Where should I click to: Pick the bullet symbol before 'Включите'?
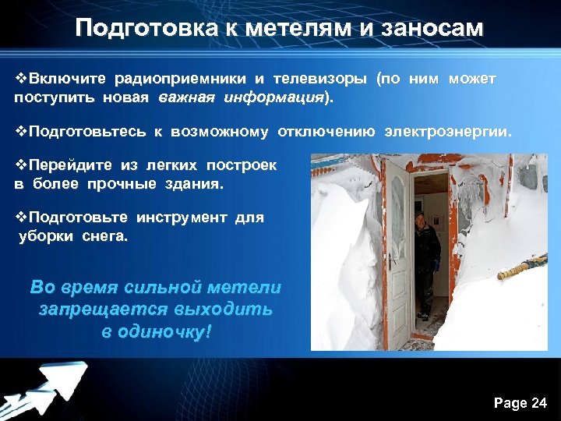coord(21,79)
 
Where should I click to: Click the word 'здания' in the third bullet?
coord(192,185)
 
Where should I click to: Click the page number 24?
coord(538,402)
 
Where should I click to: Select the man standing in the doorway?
coord(426,257)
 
